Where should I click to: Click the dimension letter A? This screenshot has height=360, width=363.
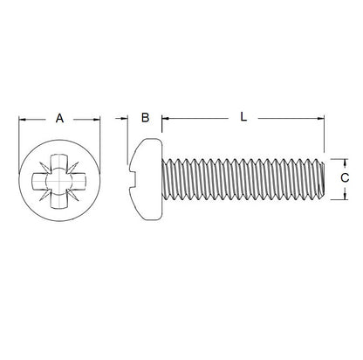(59, 117)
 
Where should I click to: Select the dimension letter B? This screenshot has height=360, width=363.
(145, 117)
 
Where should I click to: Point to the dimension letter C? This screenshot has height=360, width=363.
(345, 178)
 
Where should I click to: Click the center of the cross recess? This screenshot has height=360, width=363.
(59, 180)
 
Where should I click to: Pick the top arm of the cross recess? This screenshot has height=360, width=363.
(59, 162)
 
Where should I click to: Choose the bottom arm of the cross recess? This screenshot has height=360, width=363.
(59, 199)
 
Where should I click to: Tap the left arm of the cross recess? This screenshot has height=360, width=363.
(40, 180)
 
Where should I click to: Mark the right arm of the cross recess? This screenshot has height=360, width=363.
(79, 180)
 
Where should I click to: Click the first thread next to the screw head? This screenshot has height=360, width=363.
(170, 179)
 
